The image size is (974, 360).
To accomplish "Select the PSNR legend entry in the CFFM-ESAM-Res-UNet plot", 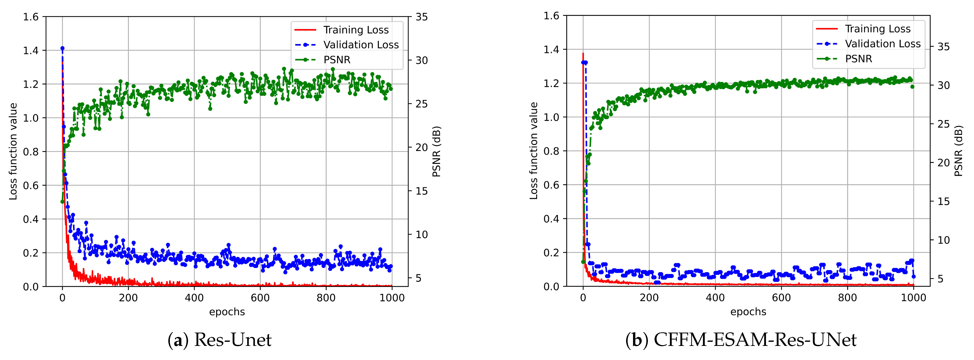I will [858, 59].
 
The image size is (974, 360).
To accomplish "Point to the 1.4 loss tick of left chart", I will [31, 50].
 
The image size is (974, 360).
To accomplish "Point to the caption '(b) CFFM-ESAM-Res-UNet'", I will [741, 340].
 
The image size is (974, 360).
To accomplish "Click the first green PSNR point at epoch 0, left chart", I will [63, 202].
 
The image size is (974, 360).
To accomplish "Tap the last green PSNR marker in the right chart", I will [912, 87].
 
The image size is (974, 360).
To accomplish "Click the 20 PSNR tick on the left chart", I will [422, 148].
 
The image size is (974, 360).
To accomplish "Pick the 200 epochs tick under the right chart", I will [649, 297].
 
